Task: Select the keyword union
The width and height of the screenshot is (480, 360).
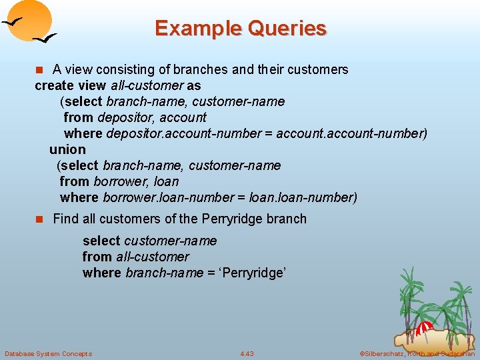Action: pyautogui.click(x=67, y=149)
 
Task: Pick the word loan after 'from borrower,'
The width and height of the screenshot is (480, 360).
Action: pyautogui.click(x=166, y=181)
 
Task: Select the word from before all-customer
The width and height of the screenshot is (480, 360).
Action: pyautogui.click(x=97, y=257)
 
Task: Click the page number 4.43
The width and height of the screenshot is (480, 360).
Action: pyautogui.click(x=247, y=353)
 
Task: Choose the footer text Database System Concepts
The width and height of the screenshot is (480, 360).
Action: pyautogui.click(x=48, y=353)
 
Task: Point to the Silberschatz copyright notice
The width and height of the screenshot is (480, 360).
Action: pyautogui.click(x=416, y=353)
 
